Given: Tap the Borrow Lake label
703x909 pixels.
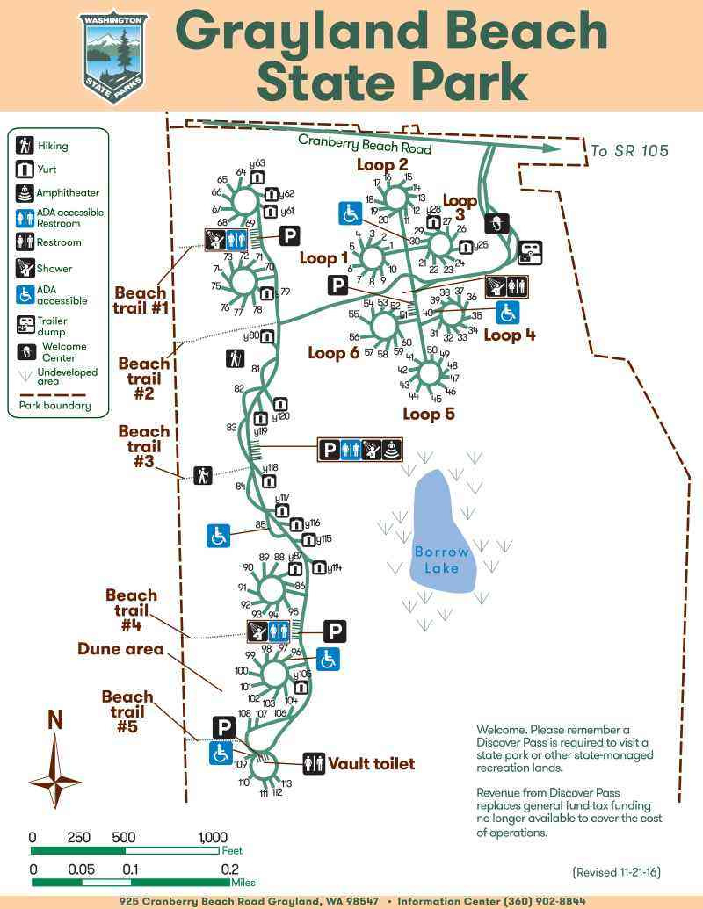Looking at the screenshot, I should (442, 559).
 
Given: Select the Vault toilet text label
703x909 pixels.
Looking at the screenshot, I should (371, 764).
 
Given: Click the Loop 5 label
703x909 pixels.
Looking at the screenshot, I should (428, 414).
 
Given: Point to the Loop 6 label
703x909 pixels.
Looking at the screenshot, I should (333, 352).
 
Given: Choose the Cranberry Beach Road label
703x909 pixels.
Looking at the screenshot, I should (365, 144).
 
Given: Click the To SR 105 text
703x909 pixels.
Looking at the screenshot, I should (629, 151).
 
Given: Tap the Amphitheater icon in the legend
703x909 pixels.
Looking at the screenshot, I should (25, 193).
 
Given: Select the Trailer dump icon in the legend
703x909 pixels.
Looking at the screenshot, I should (25, 325).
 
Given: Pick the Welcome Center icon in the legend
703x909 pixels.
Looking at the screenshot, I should (25, 351).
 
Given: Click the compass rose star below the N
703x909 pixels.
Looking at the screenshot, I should (54, 773).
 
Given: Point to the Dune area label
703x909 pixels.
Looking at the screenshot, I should (120, 649).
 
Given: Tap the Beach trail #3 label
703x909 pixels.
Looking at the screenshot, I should (144, 446).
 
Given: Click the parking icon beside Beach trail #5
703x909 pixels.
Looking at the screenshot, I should (223, 727).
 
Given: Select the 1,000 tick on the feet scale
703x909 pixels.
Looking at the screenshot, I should (213, 837).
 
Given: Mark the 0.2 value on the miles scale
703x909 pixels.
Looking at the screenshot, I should (229, 869).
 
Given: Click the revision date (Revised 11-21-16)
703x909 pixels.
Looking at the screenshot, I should (616, 872).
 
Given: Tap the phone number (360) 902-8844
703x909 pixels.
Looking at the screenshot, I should (544, 901).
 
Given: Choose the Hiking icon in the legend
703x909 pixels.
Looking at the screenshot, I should (25, 146).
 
